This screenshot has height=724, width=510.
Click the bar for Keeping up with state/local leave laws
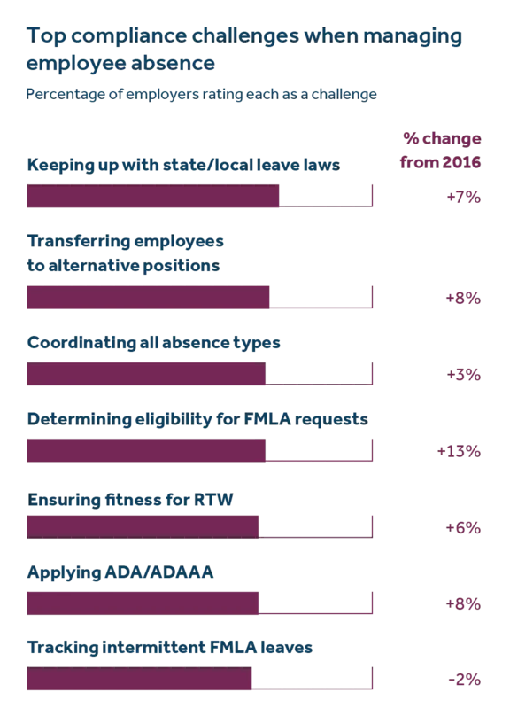click(x=154, y=197)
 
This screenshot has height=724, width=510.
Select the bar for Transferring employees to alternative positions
click(x=149, y=299)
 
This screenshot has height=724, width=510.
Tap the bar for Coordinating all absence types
click(x=146, y=375)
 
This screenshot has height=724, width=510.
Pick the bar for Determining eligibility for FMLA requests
click(x=146, y=451)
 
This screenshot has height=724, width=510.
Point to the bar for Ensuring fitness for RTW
click(x=143, y=527)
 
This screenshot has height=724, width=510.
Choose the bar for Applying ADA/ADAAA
click(x=143, y=603)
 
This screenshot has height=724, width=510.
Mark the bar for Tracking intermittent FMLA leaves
click(x=140, y=679)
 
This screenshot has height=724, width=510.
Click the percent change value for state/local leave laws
click(x=463, y=197)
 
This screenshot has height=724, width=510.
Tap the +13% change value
click(x=459, y=451)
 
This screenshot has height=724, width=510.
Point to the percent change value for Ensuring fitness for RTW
click(x=463, y=527)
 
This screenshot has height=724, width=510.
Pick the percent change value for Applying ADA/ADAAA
click(x=463, y=603)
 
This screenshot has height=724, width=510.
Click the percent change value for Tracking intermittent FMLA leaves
click(x=463, y=679)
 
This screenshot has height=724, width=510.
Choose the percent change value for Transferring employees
click(x=463, y=299)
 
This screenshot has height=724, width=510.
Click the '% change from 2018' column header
click(x=442, y=151)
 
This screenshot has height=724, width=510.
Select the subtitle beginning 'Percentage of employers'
click(x=203, y=91)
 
